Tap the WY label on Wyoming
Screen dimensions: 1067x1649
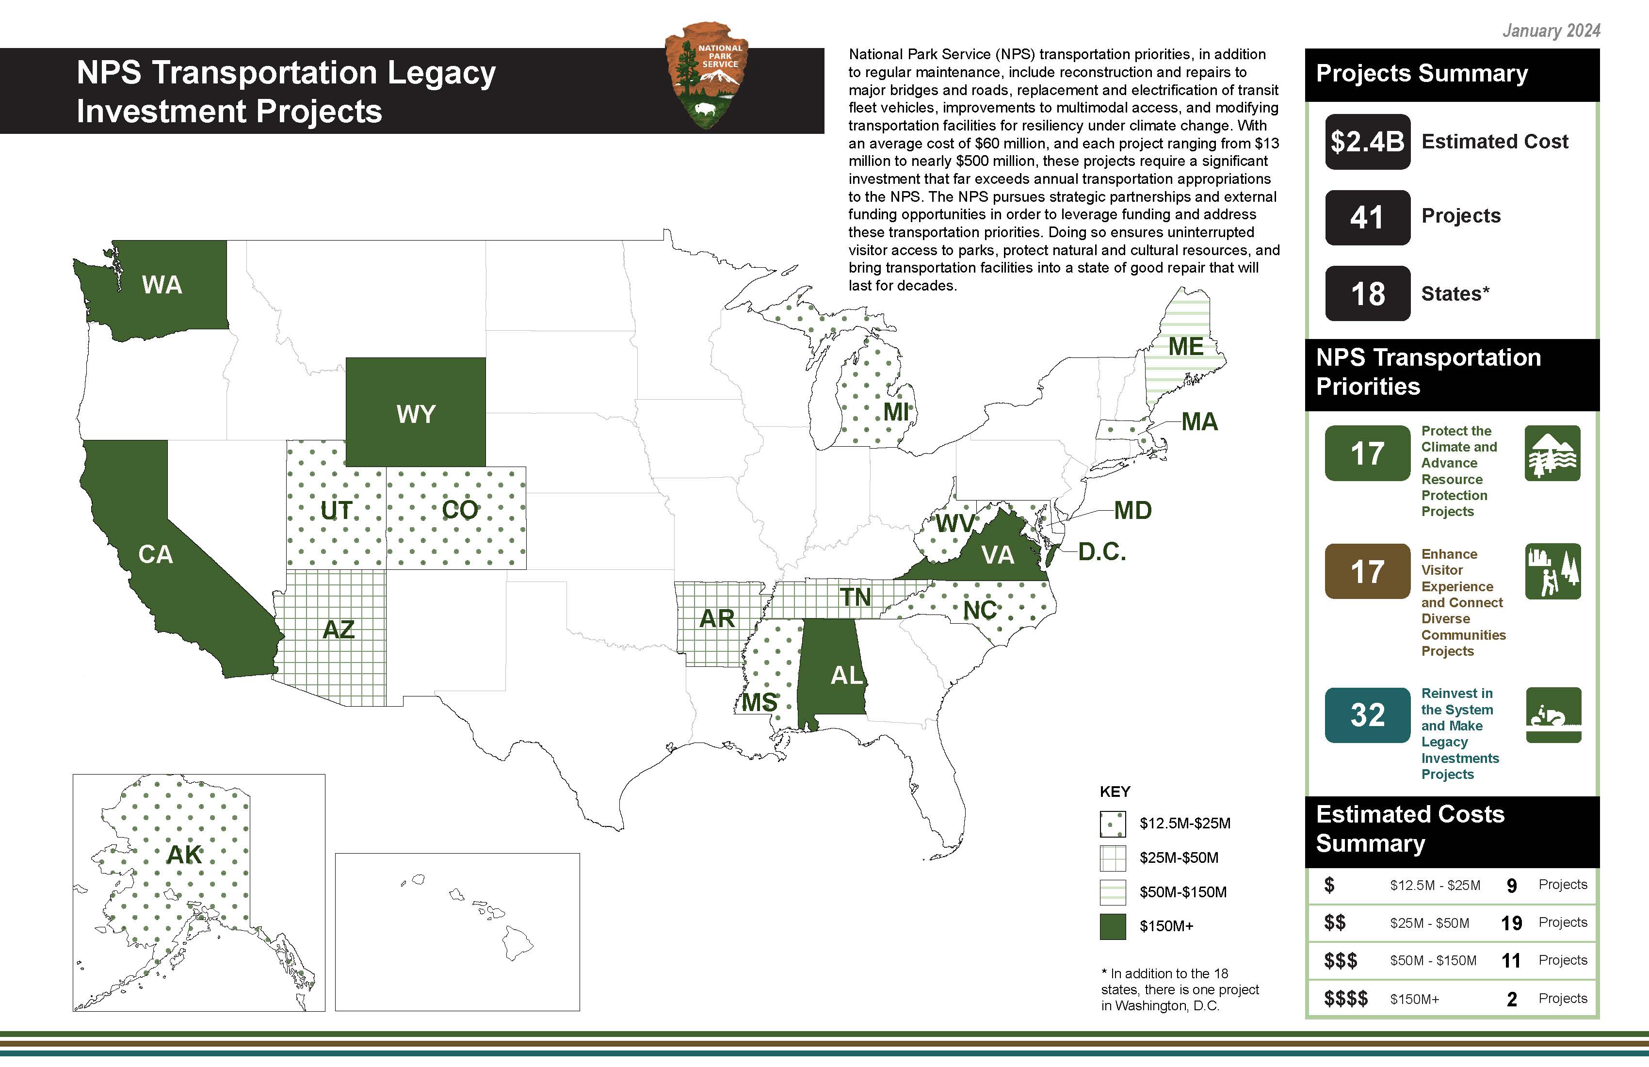coord(416,414)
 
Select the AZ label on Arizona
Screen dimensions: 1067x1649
coord(339,630)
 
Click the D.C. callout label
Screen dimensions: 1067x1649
coord(1101,552)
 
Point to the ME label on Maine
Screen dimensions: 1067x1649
coord(1185,346)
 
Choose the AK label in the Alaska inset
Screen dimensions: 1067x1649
coord(184,855)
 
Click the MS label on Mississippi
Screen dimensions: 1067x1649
coord(760,703)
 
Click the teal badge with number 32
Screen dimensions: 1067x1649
coord(1367,715)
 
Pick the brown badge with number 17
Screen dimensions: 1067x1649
coord(1367,572)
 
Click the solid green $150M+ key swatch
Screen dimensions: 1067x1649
coord(1113,926)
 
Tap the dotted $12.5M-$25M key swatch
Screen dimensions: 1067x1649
coord(1113,824)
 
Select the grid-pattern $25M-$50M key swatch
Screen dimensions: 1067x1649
coord(1113,858)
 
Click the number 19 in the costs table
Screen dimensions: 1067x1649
coord(1511,923)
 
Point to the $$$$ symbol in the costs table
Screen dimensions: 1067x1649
coord(1345,999)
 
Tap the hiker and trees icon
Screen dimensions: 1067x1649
coord(1552,572)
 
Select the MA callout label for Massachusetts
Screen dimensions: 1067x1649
coord(1199,422)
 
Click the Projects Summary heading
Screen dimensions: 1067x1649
coord(1422,73)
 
